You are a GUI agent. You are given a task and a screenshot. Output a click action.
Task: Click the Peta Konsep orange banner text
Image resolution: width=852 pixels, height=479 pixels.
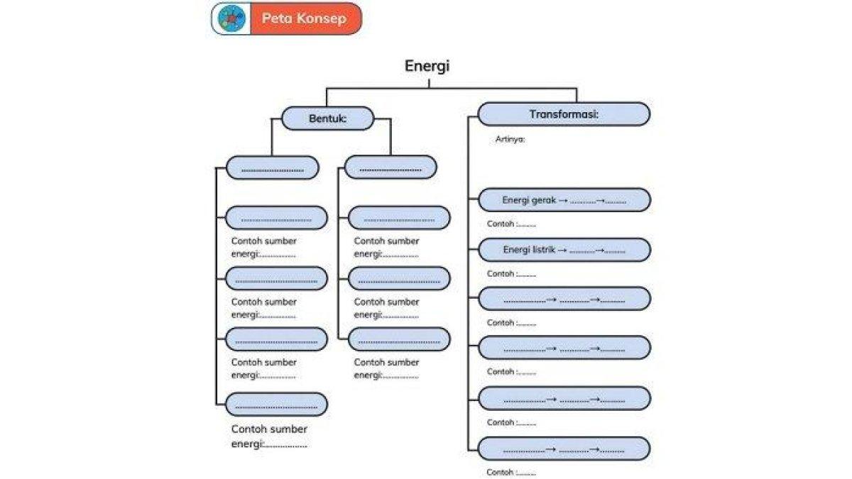[x=304, y=18]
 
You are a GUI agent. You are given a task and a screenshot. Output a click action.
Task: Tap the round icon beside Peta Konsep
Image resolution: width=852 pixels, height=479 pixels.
[x=229, y=18]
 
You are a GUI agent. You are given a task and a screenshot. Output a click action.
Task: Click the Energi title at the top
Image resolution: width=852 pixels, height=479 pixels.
[x=427, y=66]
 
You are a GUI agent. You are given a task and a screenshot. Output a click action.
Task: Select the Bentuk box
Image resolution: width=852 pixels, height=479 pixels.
[x=327, y=118]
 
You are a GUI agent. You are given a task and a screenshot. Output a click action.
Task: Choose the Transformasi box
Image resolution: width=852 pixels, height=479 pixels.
[x=564, y=114]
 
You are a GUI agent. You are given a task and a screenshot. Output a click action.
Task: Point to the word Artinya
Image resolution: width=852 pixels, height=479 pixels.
[x=510, y=140]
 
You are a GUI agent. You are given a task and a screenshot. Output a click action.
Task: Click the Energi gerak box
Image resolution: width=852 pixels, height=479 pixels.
[x=564, y=200]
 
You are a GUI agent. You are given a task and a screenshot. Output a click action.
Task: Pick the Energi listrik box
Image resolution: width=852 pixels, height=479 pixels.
[x=564, y=250]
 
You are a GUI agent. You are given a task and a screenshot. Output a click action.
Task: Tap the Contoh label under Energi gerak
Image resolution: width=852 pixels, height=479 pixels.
[x=511, y=224]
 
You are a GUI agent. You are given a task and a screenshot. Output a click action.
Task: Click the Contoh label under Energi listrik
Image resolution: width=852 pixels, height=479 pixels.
[x=511, y=274]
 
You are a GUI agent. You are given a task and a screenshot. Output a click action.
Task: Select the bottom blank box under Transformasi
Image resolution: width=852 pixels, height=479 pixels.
[x=564, y=449]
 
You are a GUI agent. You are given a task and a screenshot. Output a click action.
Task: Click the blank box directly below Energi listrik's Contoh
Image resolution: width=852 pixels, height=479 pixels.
[x=564, y=299]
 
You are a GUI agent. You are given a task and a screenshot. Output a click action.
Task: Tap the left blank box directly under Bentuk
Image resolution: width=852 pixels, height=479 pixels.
[x=273, y=168]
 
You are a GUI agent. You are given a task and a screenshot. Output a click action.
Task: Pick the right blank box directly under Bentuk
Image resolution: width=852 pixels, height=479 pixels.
[x=390, y=168]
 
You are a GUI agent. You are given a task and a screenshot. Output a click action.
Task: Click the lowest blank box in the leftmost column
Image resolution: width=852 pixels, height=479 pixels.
[x=277, y=404]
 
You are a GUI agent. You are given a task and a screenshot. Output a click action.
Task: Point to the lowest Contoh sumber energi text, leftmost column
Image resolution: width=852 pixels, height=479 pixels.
[x=269, y=436]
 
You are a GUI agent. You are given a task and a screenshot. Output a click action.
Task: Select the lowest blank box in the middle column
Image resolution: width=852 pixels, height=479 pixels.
[x=399, y=340]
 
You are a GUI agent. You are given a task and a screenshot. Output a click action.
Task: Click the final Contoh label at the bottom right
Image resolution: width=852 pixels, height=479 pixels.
[x=511, y=473]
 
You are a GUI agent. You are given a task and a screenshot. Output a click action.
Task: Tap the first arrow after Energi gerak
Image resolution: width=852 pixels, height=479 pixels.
[x=562, y=201]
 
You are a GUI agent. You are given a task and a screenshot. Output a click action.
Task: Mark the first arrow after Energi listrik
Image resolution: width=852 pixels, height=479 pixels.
[x=562, y=250]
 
